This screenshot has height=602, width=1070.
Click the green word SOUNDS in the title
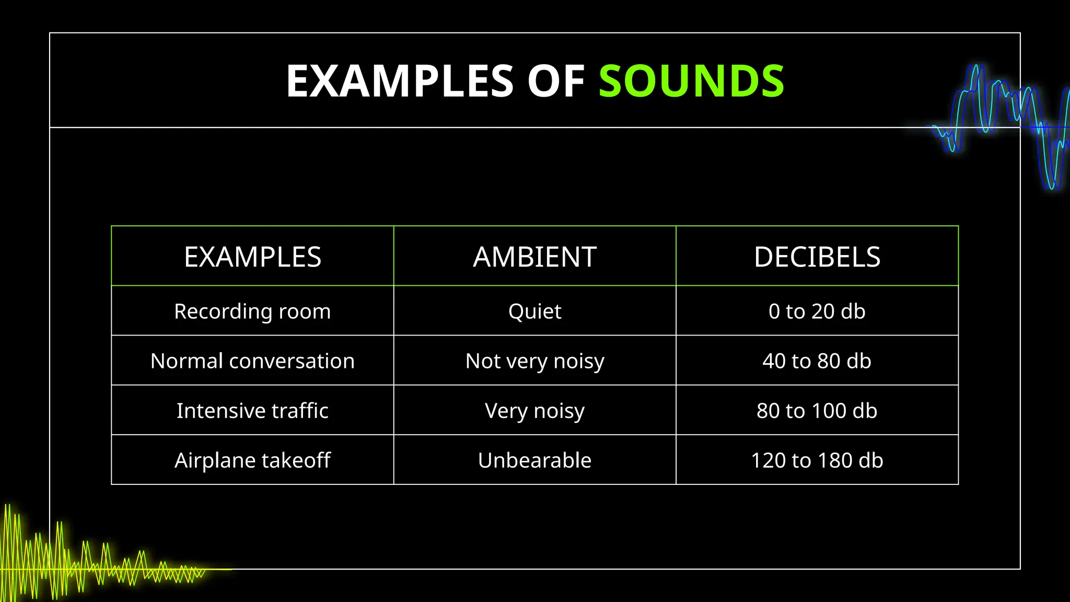pos(691,81)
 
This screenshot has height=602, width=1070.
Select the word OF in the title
pos(555,81)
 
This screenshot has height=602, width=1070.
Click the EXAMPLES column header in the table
pos(252,257)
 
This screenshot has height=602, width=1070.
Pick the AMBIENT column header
pos(534,257)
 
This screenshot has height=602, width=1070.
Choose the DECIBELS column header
pos(817,257)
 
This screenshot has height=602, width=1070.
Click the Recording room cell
pos(252,311)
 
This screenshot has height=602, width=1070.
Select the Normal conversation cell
pos(252,361)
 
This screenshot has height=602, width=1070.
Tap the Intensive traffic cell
pos(252,411)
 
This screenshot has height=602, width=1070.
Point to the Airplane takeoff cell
pos(252,460)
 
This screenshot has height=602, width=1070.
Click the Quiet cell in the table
pos(534,311)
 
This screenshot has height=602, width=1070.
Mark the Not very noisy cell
pos(534,361)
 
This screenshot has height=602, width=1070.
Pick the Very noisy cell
pos(534,411)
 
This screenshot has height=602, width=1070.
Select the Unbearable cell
pos(534,460)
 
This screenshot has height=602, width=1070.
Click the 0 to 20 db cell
pos(817,311)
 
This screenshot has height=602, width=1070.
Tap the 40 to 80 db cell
pos(817,361)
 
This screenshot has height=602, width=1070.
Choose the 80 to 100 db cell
pos(817,411)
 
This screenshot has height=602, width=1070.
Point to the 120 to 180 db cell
pos(817,460)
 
